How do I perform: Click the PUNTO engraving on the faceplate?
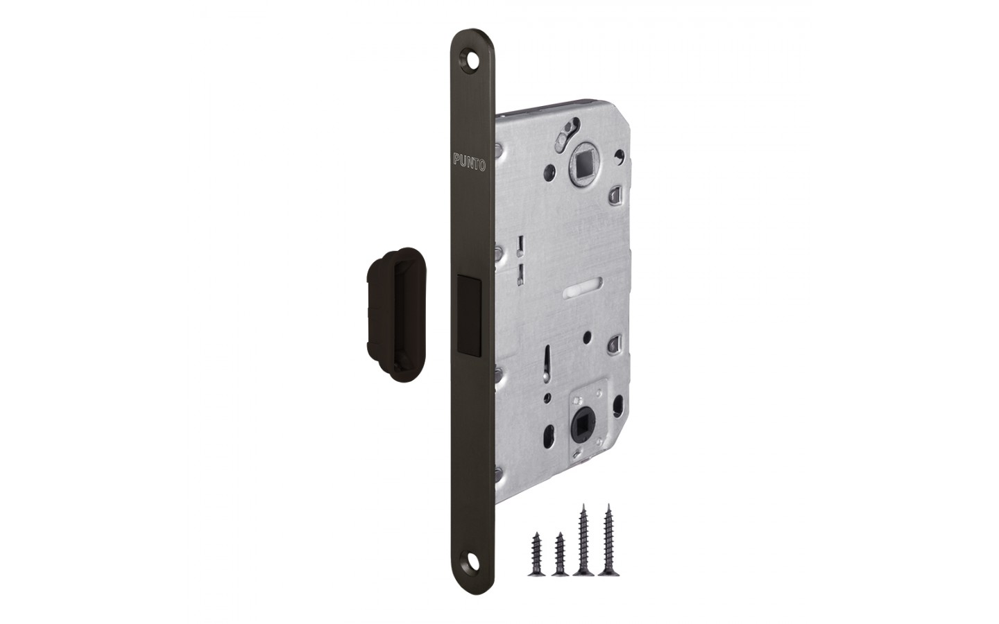click(469, 162)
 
